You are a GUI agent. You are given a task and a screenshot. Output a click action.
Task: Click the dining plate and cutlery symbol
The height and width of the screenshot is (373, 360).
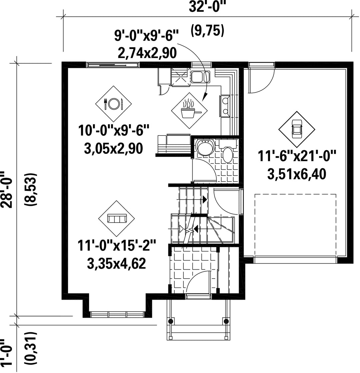114,104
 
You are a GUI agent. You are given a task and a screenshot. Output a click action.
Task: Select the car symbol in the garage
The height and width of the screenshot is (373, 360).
297,129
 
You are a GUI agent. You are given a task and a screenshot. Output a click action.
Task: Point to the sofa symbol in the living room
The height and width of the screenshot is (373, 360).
116,219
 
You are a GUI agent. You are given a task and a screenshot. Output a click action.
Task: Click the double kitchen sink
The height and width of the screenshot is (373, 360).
201,76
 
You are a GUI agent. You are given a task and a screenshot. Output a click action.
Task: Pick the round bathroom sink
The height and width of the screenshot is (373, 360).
205,147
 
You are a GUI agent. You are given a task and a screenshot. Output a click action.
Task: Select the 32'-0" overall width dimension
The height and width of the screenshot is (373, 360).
207,7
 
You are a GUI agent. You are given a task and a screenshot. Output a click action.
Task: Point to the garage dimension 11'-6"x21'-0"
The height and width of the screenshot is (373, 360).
297,156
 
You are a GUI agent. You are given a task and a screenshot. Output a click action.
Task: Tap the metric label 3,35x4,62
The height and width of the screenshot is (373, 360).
116,263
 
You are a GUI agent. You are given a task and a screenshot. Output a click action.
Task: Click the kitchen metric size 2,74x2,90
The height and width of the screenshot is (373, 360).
147,53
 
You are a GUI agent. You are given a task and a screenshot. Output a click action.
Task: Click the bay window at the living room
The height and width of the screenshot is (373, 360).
117,314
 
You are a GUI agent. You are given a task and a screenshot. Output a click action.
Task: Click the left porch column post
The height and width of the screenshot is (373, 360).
170,321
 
